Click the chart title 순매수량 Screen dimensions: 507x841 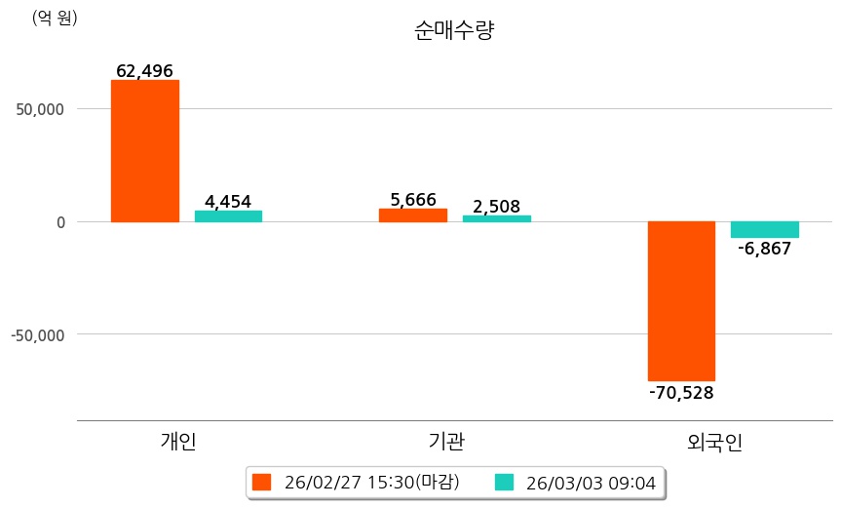(454, 30)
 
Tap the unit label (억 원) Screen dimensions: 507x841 (55, 18)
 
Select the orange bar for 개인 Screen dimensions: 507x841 (145, 151)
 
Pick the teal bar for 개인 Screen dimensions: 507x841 (228, 215)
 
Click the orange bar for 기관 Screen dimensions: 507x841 (413, 214)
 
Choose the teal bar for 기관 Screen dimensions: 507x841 (496, 217)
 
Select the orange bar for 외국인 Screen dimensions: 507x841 (682, 300)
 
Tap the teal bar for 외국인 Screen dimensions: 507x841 (765, 229)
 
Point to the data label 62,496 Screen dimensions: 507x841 (144, 71)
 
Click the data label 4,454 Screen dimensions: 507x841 (228, 202)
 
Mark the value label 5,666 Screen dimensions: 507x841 (413, 200)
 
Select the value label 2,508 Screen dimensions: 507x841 (496, 206)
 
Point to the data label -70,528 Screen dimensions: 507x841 (681, 393)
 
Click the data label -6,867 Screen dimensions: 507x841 (765, 249)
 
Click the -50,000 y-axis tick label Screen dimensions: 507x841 (37, 334)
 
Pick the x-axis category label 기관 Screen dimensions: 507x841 (446, 442)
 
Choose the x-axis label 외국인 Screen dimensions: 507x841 (714, 442)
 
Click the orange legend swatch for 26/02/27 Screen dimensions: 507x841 (261, 482)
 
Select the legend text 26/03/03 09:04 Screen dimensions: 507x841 (590, 482)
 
